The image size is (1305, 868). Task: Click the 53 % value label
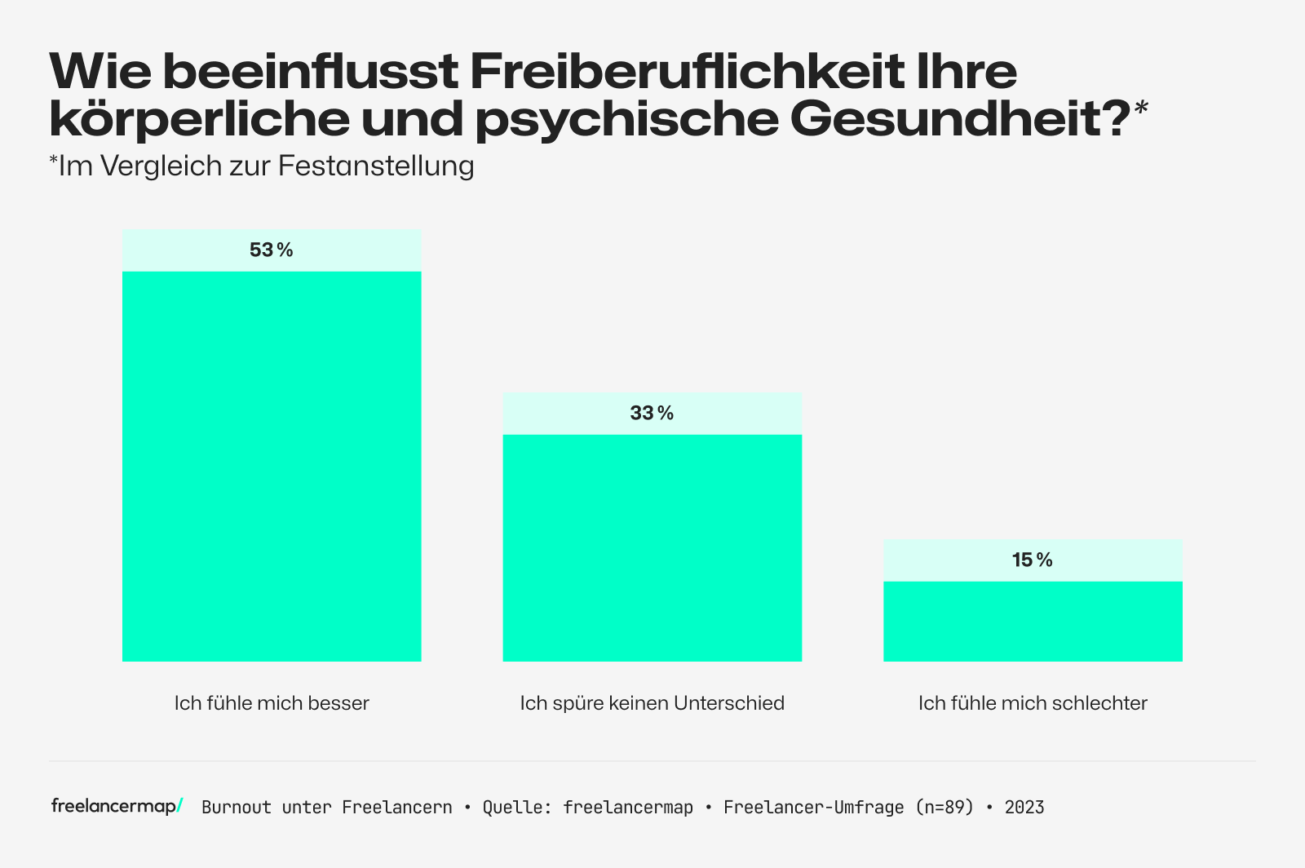pos(271,250)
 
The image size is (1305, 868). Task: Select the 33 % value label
pos(652,414)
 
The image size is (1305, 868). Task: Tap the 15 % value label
pos(1032,560)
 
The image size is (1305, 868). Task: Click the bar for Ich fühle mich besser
pos(272,466)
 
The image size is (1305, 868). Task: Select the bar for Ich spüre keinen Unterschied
pos(652,547)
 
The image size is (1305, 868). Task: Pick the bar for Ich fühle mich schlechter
pos(1033,621)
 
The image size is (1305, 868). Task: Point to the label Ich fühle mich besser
pos(272,703)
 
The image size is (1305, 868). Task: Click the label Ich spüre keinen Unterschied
pos(652,703)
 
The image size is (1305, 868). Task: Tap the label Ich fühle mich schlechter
pos(1033,703)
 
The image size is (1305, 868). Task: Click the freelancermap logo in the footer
pos(117,806)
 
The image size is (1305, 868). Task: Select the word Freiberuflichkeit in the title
pos(687,72)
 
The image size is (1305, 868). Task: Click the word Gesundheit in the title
pos(959,118)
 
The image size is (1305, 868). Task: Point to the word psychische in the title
pos(626,118)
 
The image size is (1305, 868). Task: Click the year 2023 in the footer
pos(1024,808)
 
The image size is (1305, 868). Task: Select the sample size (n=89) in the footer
pos(944,808)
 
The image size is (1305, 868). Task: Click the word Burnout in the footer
pos(237,808)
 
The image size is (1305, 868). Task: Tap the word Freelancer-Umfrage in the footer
pos(813,808)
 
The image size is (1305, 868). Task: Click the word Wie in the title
pos(100,72)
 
